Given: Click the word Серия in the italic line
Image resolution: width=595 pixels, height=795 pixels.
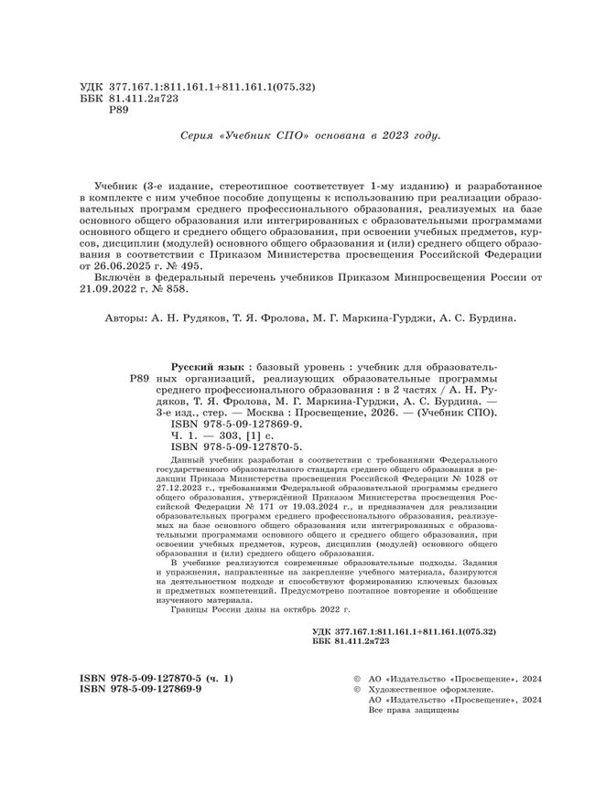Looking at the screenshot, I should click(202, 134).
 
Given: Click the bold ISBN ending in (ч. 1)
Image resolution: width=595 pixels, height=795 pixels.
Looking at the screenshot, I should click(157, 679).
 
